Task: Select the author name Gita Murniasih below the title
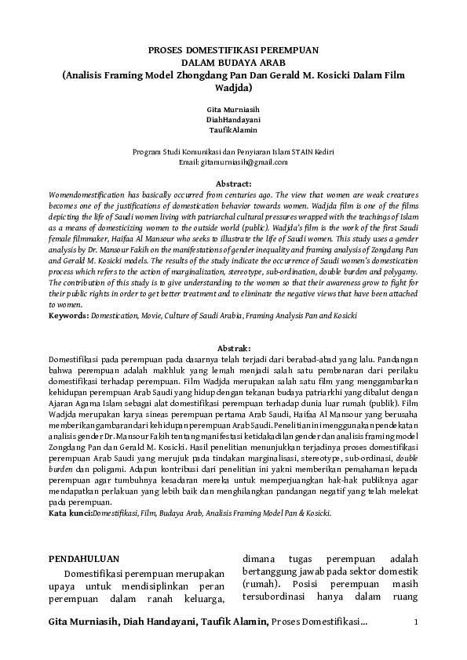(233, 107)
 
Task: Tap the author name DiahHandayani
(233, 118)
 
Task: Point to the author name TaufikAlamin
(233, 129)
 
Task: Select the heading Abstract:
(233, 183)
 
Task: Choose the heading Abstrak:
(233, 346)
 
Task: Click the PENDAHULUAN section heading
(84, 558)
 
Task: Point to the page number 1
(416, 622)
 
